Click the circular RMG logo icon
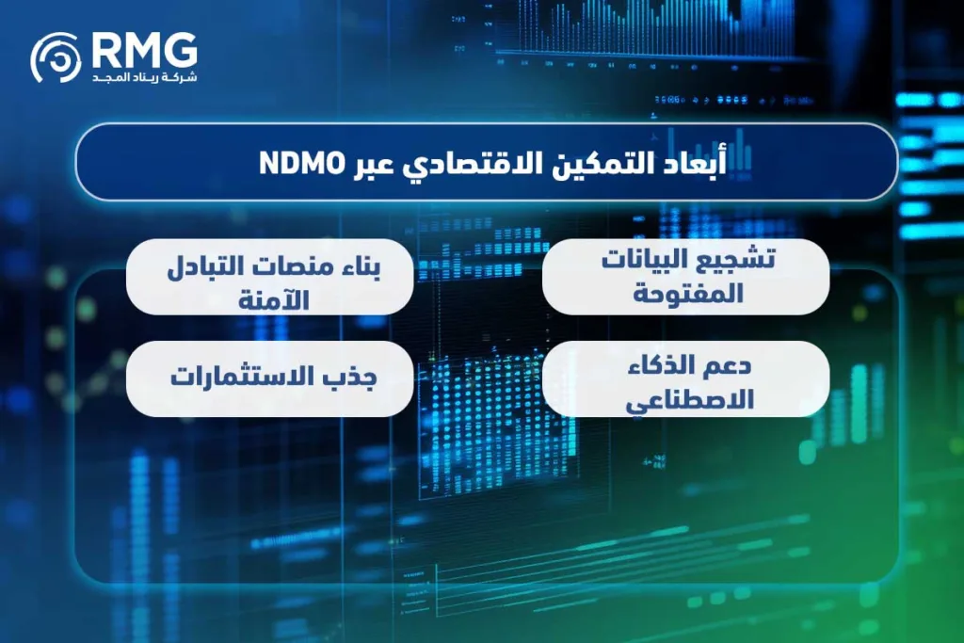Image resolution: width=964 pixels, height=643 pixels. click(56, 56)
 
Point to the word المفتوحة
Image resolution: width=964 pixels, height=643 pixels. click(686, 293)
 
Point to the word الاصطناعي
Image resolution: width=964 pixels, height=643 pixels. click(686, 396)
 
